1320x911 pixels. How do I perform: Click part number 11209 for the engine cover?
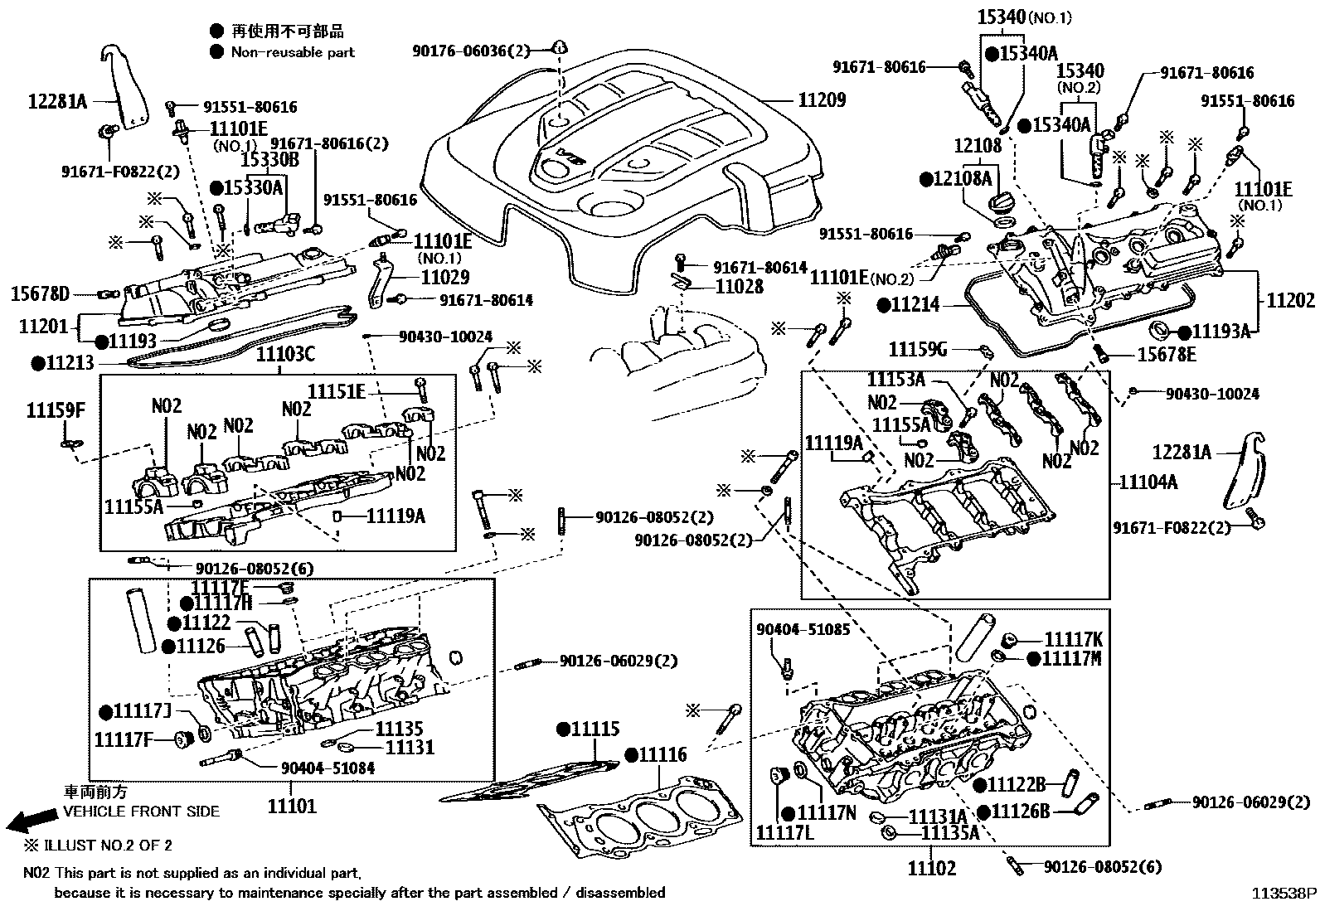pyautogui.click(x=822, y=101)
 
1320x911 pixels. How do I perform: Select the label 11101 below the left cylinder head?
pyautogui.click(x=292, y=806)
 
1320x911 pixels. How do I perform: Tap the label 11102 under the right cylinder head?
pyautogui.click(x=931, y=868)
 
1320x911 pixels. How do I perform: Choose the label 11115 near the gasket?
pyautogui.click(x=594, y=730)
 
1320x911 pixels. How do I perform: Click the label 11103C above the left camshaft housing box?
pyautogui.click(x=285, y=355)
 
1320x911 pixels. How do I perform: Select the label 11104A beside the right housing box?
pyautogui.click(x=1148, y=482)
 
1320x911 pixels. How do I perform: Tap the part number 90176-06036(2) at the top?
pyautogui.click(x=470, y=51)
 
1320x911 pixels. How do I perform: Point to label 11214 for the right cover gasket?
pyautogui.click(x=915, y=304)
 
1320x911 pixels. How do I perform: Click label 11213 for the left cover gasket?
pyautogui.click(x=69, y=363)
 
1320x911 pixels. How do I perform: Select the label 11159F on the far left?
pyautogui.click(x=56, y=410)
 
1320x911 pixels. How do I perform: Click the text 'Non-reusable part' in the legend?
pyautogui.click(x=293, y=52)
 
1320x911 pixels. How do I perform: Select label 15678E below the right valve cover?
pyautogui.click(x=1167, y=355)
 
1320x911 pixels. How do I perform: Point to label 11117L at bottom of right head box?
pyautogui.click(x=784, y=831)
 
